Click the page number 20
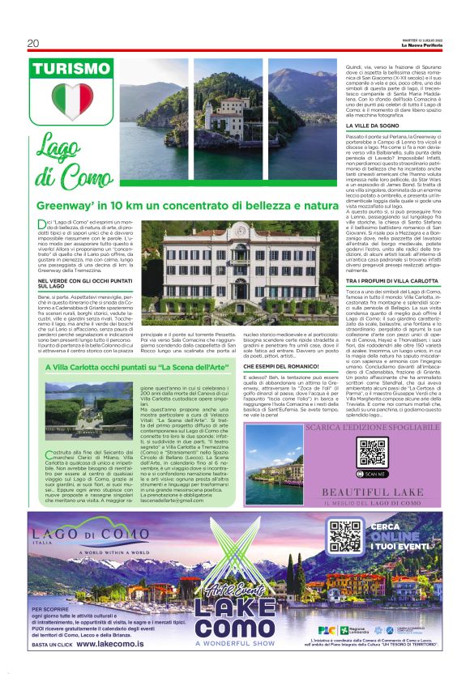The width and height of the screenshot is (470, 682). (x=33, y=43)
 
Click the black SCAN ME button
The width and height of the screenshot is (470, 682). (x=374, y=472)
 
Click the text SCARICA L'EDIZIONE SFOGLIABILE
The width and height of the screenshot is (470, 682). (x=374, y=426)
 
